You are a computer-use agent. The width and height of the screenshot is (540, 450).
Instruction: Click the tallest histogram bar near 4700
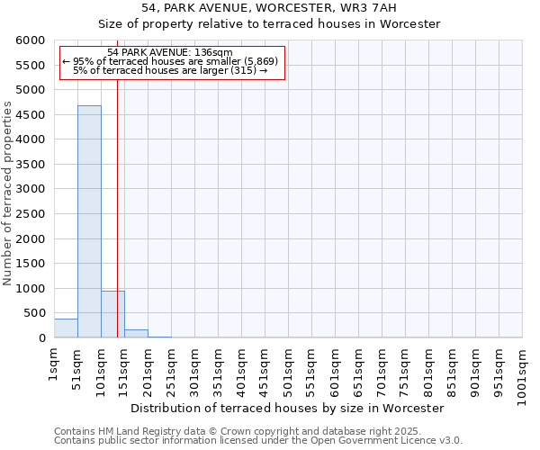(89, 221)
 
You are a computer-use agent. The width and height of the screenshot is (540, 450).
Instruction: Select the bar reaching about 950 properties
(112, 314)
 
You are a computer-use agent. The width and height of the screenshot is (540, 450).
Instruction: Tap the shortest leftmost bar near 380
(66, 328)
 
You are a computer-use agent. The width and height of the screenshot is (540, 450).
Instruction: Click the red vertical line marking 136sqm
(118, 225)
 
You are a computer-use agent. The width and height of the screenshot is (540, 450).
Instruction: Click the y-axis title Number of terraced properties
(8, 193)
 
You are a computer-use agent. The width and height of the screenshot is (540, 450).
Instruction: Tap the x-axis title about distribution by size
(288, 408)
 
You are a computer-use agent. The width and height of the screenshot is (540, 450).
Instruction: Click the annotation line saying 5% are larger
(170, 70)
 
